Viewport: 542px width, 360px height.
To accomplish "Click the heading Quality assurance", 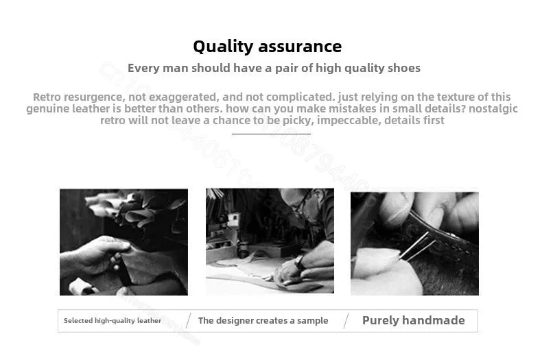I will coord(267,47).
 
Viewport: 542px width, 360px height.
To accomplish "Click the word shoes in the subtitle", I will coord(403,68).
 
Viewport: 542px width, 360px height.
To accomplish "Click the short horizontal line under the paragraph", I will coord(271,134).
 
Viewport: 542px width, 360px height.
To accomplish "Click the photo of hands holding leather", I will coord(123,242).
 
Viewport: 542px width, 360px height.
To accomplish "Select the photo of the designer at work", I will coord(270,242).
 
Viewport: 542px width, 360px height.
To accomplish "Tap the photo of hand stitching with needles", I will coord(414,243).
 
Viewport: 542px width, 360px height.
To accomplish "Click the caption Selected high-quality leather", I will coord(113,321).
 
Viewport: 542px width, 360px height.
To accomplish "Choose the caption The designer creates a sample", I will coord(263,321).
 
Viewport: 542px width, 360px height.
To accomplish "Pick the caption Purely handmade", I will coord(413,320).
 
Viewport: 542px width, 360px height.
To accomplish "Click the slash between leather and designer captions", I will coord(188,321).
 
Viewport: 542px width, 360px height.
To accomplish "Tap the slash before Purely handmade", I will coord(346,321).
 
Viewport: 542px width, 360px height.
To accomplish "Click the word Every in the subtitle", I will coord(143,68).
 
